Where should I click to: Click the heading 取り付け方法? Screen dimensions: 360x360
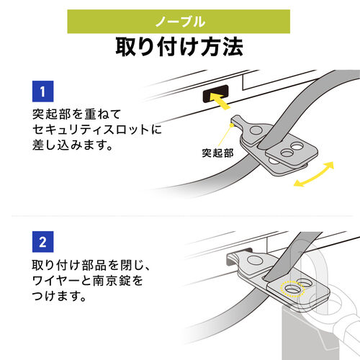[179, 48]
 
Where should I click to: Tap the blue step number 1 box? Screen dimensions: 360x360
[44, 91]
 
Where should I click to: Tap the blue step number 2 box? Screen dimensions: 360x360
[44, 238]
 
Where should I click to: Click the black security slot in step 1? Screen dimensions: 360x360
[216, 93]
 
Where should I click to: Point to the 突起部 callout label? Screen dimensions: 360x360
[217, 154]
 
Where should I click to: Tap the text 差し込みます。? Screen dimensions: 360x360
[69, 146]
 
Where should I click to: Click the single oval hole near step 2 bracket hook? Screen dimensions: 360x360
[255, 260]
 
